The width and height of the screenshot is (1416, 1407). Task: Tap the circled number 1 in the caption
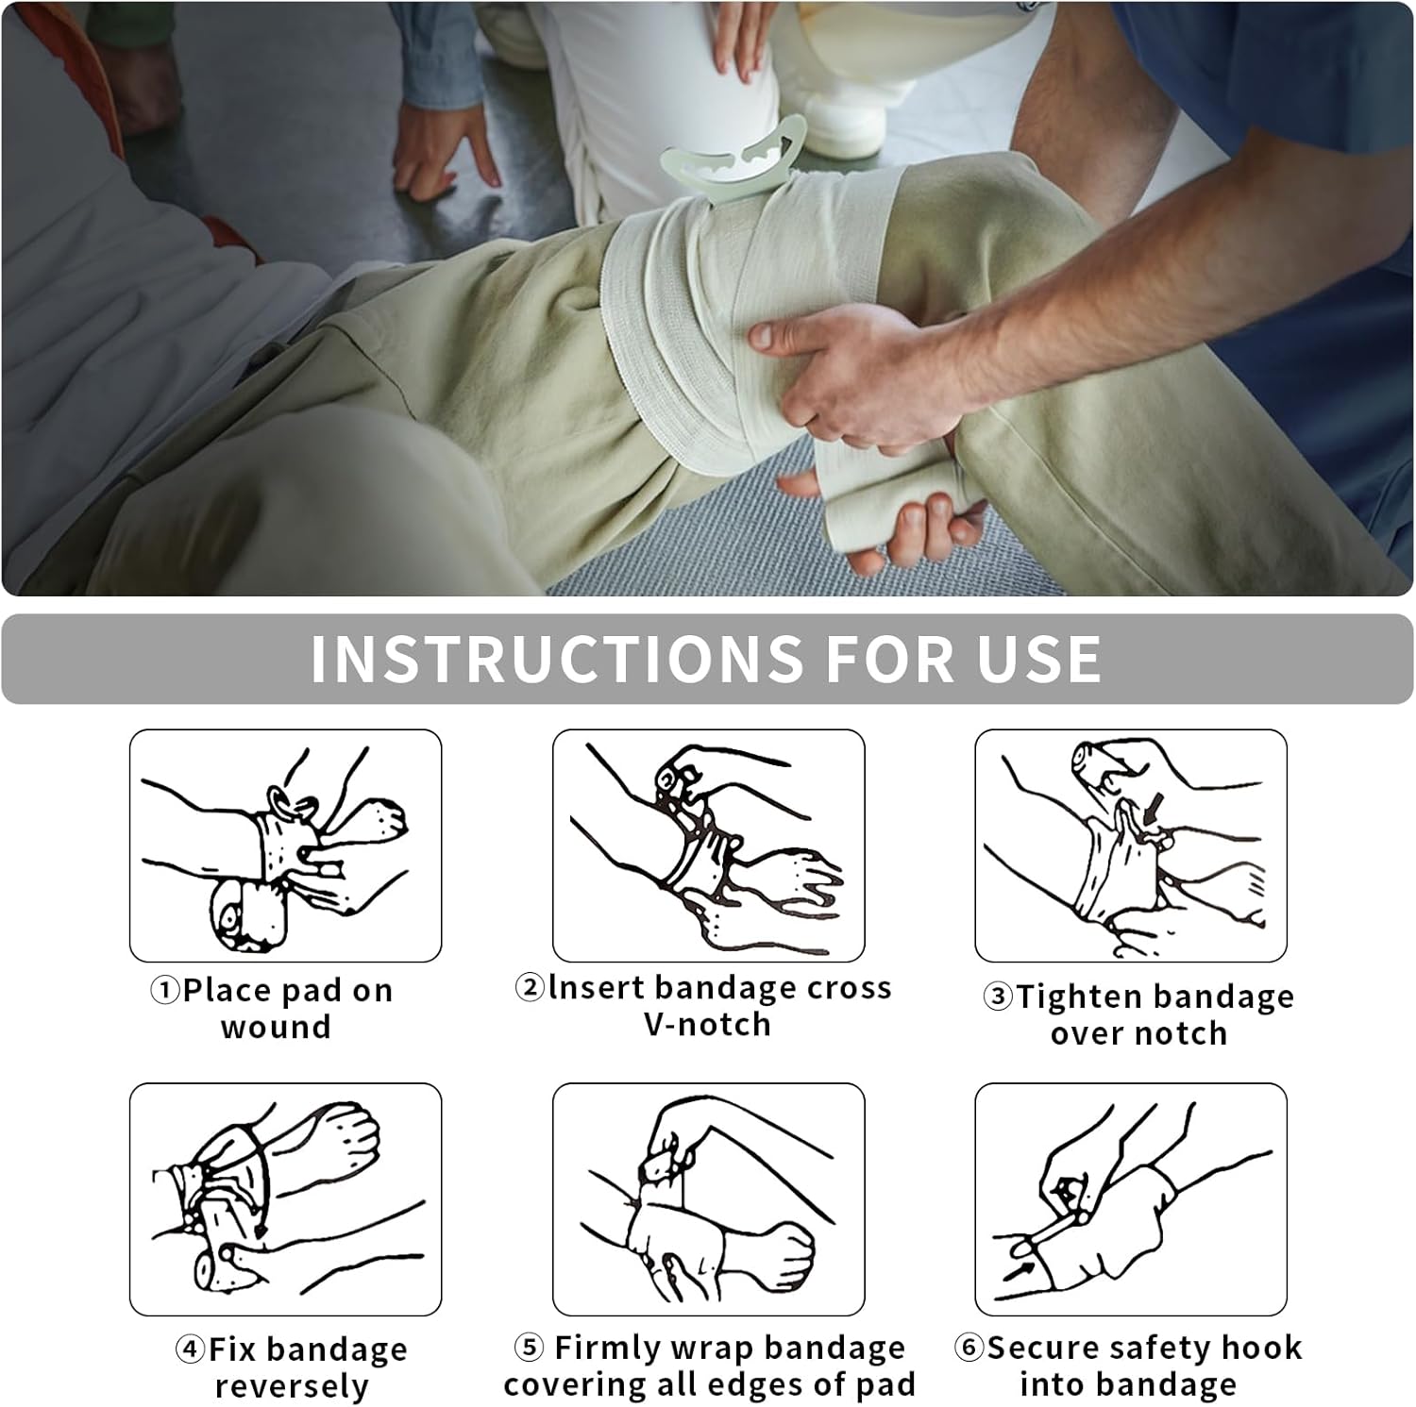click(165, 991)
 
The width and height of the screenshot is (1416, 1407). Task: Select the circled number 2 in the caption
click(530, 988)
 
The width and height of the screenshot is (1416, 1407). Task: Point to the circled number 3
click(998, 997)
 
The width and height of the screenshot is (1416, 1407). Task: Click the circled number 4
click(190, 1349)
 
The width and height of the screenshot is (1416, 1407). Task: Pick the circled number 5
click(530, 1348)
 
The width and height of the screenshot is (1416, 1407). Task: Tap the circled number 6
click(969, 1348)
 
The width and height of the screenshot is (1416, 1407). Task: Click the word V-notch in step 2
click(708, 1025)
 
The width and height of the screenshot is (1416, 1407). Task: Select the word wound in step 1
click(276, 1027)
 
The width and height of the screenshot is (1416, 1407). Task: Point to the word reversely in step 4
click(292, 1387)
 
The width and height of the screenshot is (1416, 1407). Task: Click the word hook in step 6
click(1260, 1348)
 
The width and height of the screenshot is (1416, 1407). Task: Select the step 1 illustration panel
click(285, 846)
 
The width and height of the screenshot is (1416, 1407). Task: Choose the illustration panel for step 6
click(1131, 1199)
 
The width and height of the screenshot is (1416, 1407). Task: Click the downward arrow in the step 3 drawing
click(1154, 809)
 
